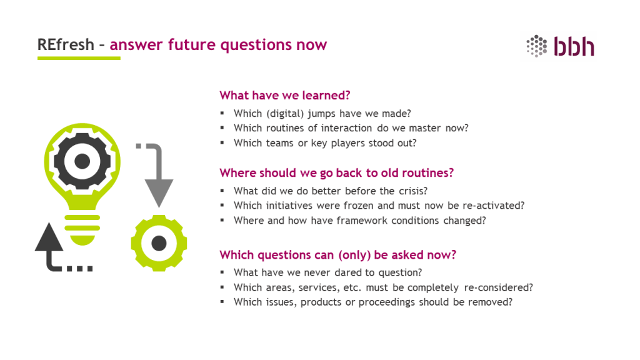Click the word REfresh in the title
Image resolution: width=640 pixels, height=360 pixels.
coord(66,44)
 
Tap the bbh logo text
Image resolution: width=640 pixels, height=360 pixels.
coord(574,46)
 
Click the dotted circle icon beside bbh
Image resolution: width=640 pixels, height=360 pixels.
coord(536,46)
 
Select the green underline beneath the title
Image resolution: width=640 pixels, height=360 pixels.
coord(79,58)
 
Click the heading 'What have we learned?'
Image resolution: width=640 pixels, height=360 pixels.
coord(285,95)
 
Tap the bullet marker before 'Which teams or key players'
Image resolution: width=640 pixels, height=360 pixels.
coord(222,142)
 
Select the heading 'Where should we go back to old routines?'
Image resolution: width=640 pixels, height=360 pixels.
coord(336,172)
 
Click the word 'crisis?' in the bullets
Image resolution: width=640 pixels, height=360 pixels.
coord(412,191)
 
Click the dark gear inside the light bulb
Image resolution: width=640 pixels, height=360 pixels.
coord(82,161)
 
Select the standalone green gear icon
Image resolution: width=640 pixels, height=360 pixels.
coord(159,243)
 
